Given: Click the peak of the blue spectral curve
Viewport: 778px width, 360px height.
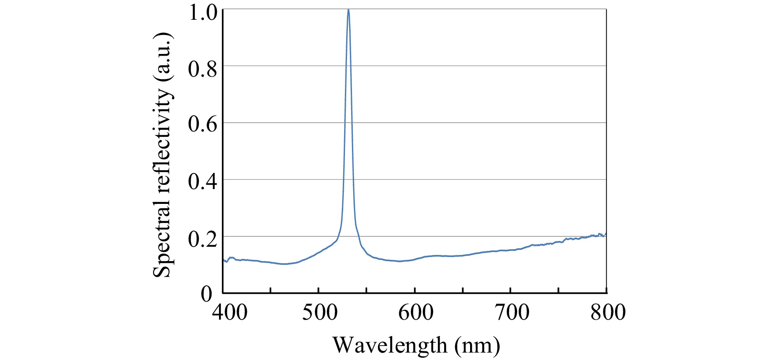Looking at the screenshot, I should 348,10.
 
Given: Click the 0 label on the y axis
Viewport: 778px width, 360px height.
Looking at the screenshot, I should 206,294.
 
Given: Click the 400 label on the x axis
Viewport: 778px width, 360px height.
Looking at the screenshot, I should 229,312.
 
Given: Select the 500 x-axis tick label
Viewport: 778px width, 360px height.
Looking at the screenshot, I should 319,312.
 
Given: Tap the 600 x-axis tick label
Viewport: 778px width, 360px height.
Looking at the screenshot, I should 416,312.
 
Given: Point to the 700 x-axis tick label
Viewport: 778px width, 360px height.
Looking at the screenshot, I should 512,312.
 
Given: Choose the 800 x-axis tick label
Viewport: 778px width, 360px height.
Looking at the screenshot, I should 608,312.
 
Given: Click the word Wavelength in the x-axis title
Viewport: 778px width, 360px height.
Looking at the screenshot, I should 389,345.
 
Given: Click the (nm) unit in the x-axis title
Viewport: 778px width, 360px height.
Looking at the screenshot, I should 478,345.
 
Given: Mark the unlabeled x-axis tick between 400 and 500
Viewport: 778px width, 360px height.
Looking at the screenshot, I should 270,291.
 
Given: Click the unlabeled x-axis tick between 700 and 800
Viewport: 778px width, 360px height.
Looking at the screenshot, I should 559,291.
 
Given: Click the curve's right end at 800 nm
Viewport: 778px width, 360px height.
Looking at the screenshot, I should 606,234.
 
